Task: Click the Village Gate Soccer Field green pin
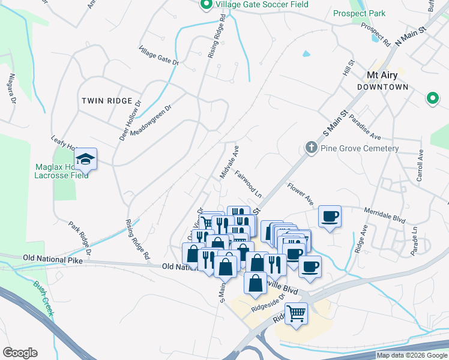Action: click(206, 5)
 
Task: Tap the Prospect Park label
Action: click(359, 13)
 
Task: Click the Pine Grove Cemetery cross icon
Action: click(311, 148)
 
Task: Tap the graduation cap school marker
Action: click(86, 160)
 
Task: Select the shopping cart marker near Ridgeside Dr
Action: click(297, 313)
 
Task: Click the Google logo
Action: click(20, 353)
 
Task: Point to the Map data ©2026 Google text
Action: click(412, 355)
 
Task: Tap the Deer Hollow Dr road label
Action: click(130, 120)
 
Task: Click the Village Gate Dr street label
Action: click(159, 57)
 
